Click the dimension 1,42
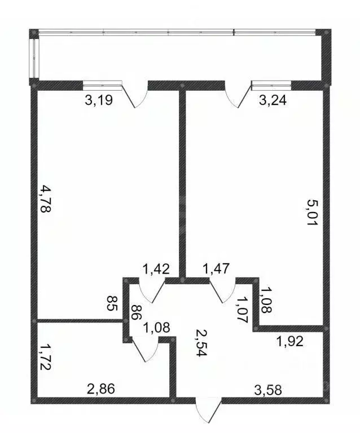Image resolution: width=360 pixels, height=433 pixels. tap(156, 268)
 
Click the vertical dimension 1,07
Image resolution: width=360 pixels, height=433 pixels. tap(243, 308)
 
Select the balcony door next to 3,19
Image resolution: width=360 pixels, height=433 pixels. tap(135, 96)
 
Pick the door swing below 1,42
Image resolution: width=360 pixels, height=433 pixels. tap(150, 292)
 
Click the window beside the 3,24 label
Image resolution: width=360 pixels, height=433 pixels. tap(271, 85)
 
